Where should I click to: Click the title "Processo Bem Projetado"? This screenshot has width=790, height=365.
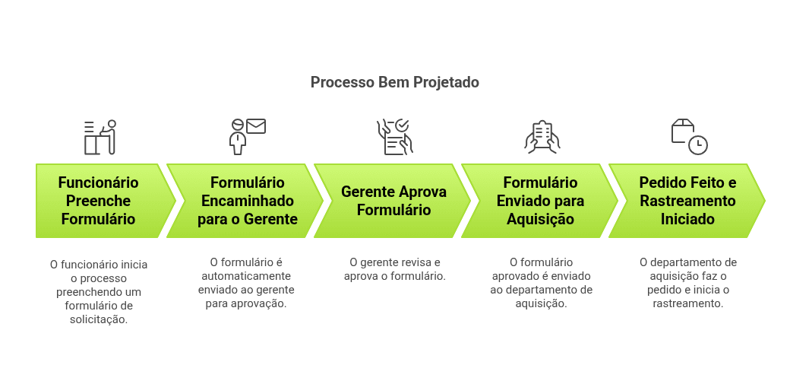tap(394, 82)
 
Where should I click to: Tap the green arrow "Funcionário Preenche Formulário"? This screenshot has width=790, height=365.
tap(99, 201)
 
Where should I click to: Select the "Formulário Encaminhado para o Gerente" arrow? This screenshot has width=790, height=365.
tap(247, 201)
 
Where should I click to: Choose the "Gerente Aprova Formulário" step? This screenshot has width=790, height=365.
tap(393, 201)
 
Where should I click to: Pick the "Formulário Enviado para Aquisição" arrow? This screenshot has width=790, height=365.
tap(540, 201)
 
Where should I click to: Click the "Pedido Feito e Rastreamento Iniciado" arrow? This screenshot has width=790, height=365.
tap(687, 201)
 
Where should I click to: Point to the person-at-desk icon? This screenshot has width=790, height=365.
tap(100, 137)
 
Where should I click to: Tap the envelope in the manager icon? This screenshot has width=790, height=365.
tap(256, 126)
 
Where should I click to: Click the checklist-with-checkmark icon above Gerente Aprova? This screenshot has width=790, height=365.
tap(394, 137)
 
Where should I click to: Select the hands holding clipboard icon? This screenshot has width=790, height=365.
tap(542, 137)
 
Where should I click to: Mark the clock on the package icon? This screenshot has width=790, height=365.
tap(697, 144)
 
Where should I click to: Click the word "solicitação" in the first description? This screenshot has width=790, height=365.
tap(99, 319)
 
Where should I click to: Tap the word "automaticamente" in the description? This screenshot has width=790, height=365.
tap(247, 276)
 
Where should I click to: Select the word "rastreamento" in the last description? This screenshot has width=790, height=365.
tap(687, 303)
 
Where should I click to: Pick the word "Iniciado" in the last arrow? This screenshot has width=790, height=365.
tap(687, 219)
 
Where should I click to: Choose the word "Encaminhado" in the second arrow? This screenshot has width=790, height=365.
tap(247, 201)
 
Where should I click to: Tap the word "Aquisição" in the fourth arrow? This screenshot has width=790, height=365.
tap(540, 219)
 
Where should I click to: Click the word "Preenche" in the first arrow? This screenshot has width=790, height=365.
tap(99, 201)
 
